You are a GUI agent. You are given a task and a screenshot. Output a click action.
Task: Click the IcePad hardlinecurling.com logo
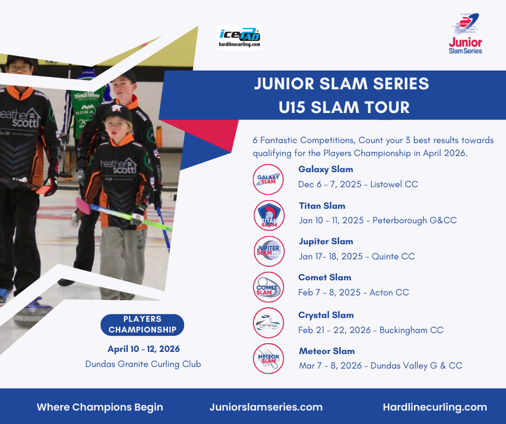click(239, 38)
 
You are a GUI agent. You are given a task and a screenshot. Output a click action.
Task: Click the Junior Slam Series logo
click(465, 33)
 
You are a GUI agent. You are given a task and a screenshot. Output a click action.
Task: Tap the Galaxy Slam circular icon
click(268, 179)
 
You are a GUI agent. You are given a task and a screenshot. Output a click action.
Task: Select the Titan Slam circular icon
click(269, 215)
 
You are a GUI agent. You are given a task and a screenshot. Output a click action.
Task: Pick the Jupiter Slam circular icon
click(269, 251)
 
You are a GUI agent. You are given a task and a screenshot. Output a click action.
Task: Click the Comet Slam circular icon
click(269, 287)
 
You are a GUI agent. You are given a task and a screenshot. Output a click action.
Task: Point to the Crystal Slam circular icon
click(269, 323)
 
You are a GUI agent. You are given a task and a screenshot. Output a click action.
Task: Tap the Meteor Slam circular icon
click(269, 358)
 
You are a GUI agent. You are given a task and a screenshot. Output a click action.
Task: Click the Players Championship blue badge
click(142, 324)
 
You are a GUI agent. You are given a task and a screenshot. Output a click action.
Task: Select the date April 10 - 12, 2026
click(144, 349)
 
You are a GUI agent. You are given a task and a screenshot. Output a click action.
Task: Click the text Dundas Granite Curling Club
click(143, 364)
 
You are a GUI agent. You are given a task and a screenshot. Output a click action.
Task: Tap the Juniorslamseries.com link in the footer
click(266, 407)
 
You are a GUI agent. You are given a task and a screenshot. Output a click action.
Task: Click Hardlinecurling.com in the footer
click(435, 407)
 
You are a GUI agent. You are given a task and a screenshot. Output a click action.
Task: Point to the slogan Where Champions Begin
click(100, 407)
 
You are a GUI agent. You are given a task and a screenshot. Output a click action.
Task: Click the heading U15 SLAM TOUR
click(344, 108)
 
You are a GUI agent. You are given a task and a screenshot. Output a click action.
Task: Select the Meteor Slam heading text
click(327, 351)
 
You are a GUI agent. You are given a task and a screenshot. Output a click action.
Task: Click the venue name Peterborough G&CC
click(414, 221)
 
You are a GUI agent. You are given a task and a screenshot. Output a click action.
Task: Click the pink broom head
click(83, 206)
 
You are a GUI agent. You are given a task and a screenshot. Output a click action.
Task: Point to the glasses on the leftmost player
click(19, 68)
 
